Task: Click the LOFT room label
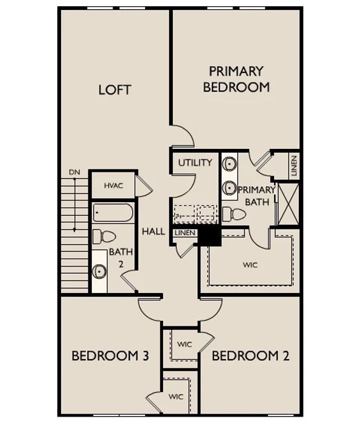[115, 90]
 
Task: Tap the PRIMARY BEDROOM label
[237, 79]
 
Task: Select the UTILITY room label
[195, 163]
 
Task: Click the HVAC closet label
[114, 186]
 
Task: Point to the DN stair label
[75, 172]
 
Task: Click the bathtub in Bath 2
[113, 213]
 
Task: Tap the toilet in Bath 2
[104, 237]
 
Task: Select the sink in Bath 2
[99, 271]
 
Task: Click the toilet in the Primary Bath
[234, 214]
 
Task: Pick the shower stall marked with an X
[288, 204]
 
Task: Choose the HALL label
[153, 231]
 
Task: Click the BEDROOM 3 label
[110, 356]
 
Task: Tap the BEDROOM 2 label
[251, 356]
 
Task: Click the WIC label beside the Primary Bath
[250, 265]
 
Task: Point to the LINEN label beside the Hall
[185, 233]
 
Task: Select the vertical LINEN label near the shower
[294, 166]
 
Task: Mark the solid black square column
[210, 236]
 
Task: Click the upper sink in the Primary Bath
[230, 164]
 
